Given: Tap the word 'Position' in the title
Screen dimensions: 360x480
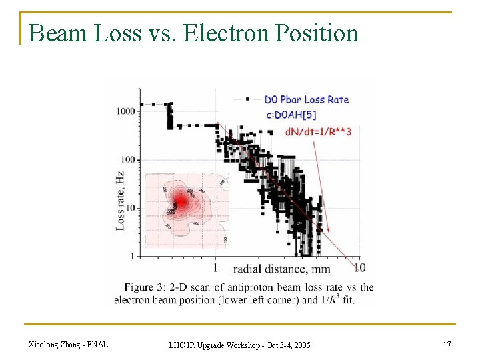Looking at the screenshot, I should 317,33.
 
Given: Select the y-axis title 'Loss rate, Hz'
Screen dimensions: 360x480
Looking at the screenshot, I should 120,201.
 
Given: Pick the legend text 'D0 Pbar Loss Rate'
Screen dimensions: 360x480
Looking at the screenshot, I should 306,100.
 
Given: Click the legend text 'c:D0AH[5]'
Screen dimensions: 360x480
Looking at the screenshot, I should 290,115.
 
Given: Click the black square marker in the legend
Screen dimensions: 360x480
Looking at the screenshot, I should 249,99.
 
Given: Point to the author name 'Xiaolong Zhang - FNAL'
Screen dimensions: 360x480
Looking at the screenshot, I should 69,345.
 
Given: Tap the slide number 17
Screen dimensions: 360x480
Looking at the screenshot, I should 446,345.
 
